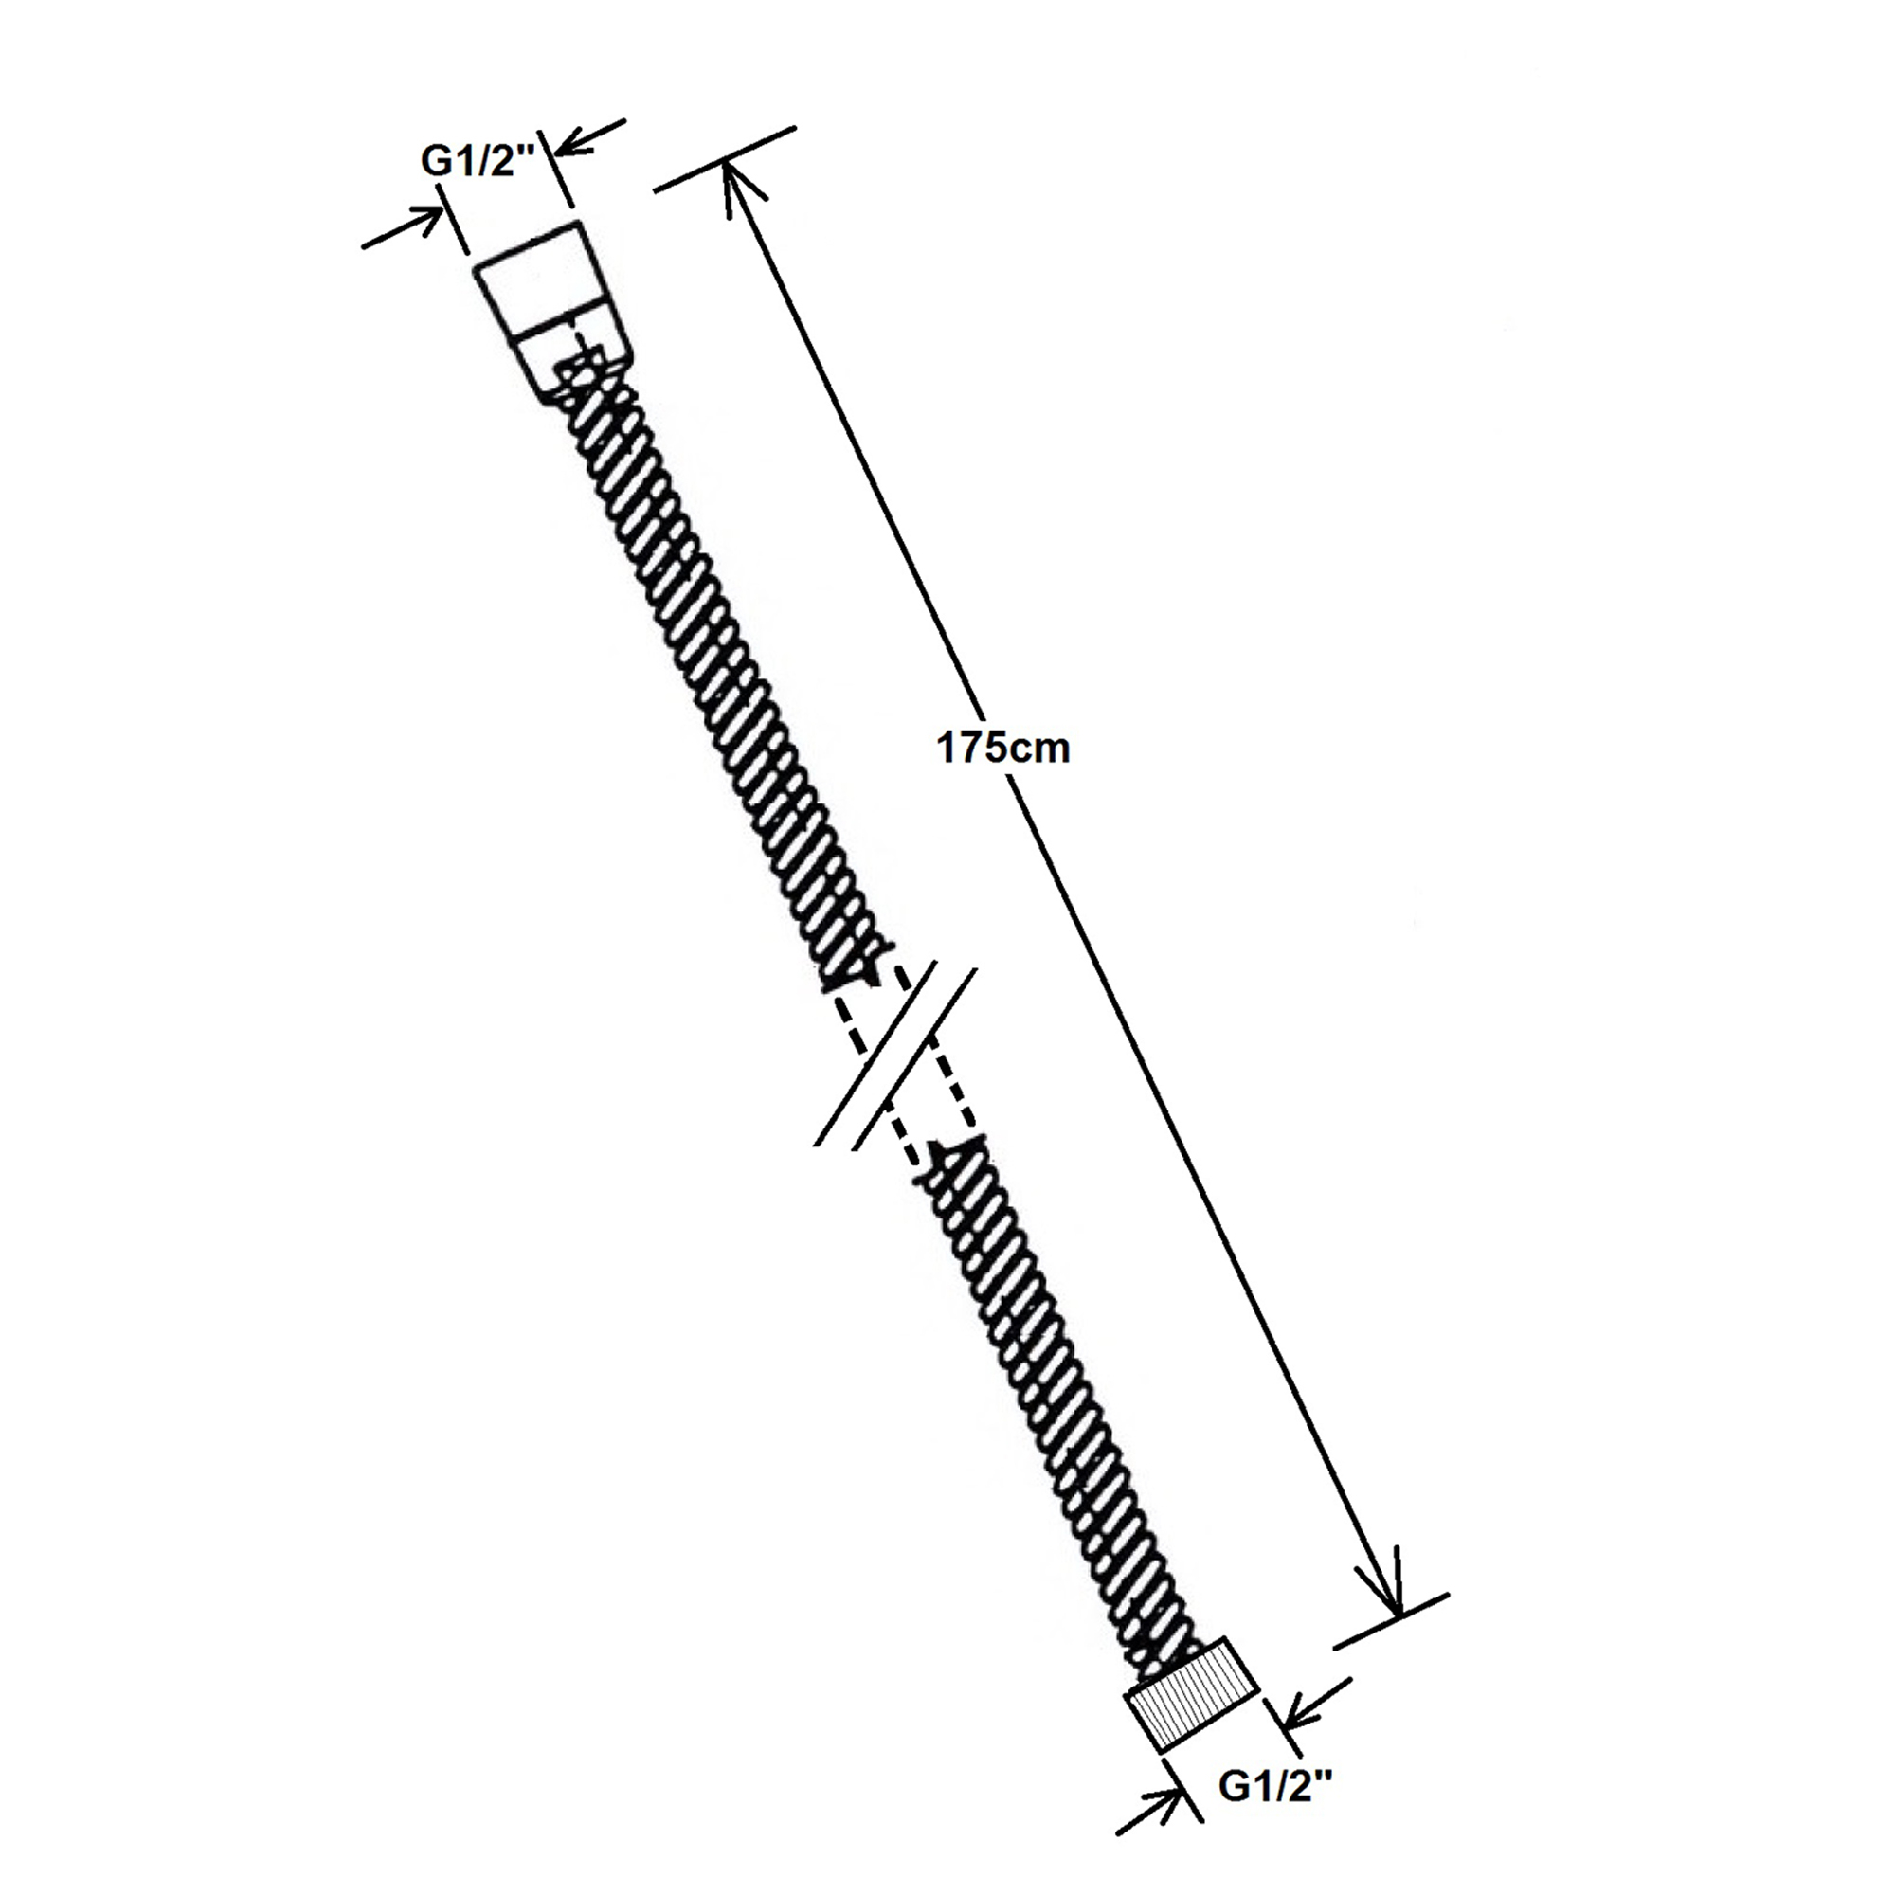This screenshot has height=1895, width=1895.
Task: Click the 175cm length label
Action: (x=1003, y=749)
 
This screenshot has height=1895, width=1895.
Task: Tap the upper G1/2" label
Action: (x=478, y=161)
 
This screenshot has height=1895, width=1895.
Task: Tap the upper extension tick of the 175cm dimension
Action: (x=724, y=159)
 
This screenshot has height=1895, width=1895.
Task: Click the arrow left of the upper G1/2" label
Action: (x=402, y=227)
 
